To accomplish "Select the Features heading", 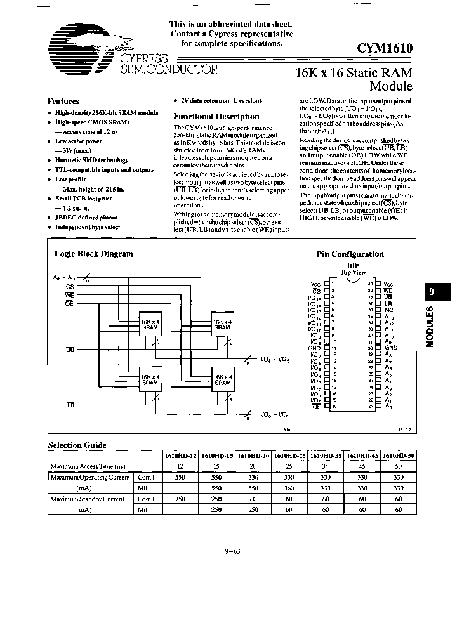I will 63,102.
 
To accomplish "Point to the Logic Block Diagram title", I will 93,254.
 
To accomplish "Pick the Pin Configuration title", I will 350,254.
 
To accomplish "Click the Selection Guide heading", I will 77,445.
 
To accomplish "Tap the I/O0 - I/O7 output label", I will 274,414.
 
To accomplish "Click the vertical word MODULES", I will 430,327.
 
